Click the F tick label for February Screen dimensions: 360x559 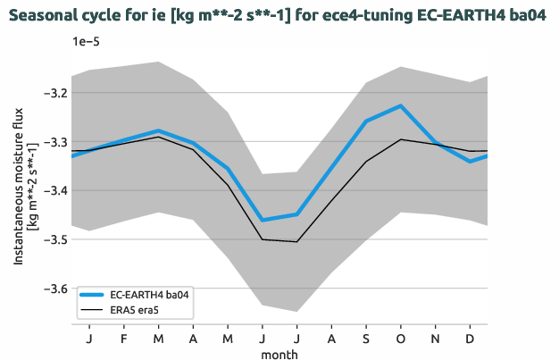tap(123, 339)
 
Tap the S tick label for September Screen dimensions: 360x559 tap(366, 339)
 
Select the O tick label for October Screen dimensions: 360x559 tap(401, 339)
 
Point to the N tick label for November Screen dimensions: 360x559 tap(436, 339)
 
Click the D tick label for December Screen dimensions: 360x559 tap(471, 339)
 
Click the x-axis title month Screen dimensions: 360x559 tap(279, 354)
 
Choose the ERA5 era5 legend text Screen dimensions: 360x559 tap(138, 309)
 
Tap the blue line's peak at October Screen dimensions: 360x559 tap(401, 105)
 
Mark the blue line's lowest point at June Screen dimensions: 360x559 tap(262, 220)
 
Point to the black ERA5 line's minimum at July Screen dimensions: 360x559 tap(296, 241)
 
